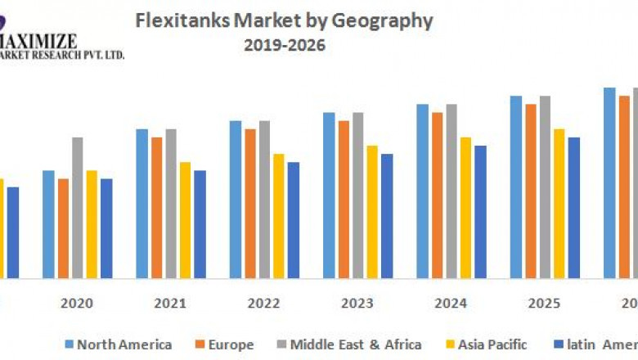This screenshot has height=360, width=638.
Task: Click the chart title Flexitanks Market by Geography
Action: point(283,20)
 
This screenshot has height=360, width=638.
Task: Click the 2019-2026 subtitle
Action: point(284,46)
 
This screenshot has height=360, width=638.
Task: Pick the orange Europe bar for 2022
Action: point(250,203)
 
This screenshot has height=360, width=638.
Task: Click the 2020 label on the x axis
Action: point(76,303)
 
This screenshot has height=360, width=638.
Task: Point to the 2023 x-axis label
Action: point(357,303)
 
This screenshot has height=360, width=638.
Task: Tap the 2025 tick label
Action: point(544,303)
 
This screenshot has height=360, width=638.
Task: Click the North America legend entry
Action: point(118,344)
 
